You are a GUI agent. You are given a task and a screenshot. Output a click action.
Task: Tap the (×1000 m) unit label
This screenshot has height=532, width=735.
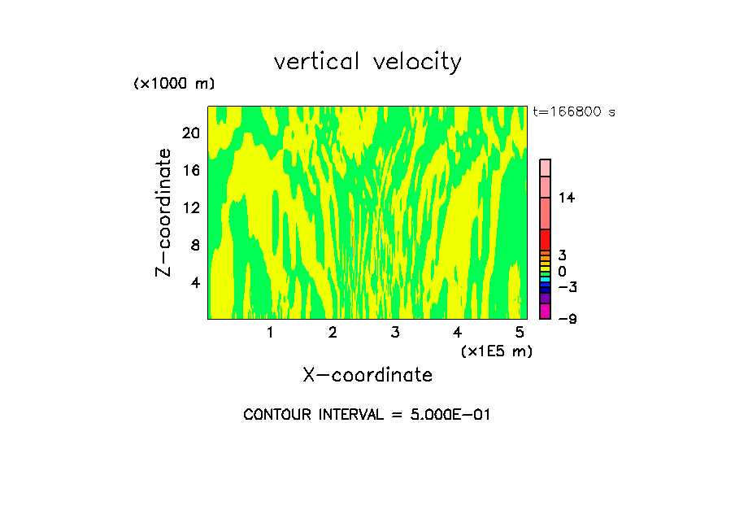(x=174, y=84)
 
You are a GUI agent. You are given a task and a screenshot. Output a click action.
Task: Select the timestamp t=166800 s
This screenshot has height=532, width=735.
(x=574, y=111)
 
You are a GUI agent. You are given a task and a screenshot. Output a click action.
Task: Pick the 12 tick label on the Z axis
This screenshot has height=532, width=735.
(x=190, y=207)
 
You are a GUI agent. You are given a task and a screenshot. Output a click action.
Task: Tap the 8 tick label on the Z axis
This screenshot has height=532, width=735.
(x=194, y=245)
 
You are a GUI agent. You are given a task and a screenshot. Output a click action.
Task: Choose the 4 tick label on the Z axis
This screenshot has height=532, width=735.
(x=194, y=282)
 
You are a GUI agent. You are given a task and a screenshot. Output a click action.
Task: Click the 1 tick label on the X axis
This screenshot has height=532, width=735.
(x=270, y=332)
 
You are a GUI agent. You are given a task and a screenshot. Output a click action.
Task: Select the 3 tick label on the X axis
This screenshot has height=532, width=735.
(x=395, y=332)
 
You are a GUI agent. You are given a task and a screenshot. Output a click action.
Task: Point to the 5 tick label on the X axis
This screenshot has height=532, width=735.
(x=520, y=332)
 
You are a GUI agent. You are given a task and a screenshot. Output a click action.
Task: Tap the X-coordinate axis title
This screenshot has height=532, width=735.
(x=367, y=375)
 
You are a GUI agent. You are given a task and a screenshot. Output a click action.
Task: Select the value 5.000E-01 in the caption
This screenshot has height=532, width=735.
(x=446, y=415)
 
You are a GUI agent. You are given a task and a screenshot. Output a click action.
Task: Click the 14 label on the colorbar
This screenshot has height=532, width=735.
(x=567, y=198)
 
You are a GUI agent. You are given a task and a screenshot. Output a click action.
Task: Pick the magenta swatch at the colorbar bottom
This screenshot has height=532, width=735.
(x=545, y=312)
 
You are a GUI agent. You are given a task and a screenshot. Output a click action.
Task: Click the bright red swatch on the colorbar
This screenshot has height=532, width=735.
(x=545, y=240)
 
